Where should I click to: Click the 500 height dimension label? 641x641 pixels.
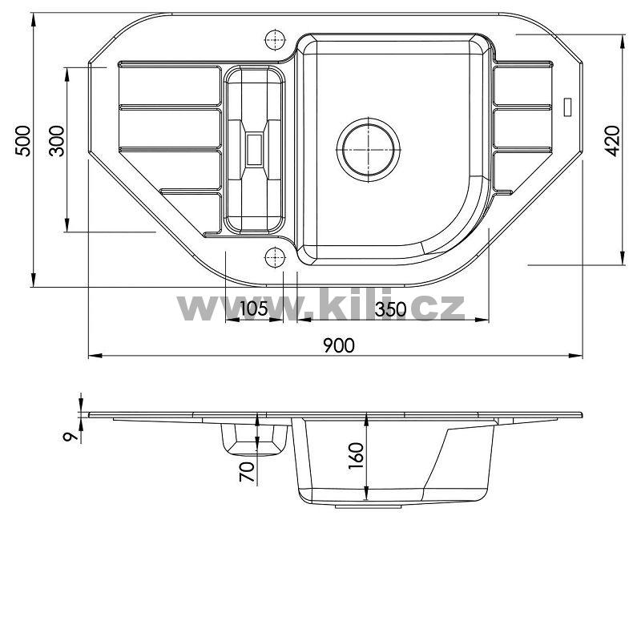23,141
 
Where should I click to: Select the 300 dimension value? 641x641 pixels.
57,141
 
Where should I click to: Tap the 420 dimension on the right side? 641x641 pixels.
612,141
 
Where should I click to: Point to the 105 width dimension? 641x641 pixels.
253,308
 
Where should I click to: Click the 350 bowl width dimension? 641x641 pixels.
391,309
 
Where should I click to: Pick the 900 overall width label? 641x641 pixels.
339,346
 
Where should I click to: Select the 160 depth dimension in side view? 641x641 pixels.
357,457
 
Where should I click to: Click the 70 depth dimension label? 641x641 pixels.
247,471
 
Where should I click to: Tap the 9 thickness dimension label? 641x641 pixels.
70,436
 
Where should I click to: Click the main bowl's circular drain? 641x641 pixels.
369,150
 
